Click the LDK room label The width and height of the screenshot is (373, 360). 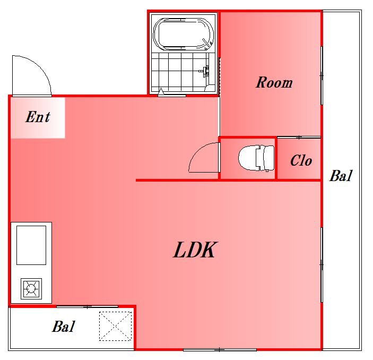[x=194, y=250]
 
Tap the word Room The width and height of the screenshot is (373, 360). [x=274, y=83]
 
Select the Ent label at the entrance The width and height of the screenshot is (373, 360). [x=38, y=117]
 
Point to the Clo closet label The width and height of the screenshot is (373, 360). [x=300, y=160]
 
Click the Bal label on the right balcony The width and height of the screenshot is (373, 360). [x=340, y=176]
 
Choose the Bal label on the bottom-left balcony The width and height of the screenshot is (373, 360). [x=63, y=327]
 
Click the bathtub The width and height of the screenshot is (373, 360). [x=183, y=33]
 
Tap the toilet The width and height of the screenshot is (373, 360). [x=255, y=158]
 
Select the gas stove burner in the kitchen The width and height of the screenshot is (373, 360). [x=31, y=289]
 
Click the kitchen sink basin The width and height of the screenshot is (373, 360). [x=31, y=245]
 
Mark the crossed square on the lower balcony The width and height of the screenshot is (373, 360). [x=116, y=326]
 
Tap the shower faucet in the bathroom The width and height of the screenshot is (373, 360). [x=206, y=71]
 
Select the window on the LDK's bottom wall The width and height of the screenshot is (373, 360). [x=219, y=349]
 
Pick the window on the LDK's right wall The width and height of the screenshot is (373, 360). [x=322, y=264]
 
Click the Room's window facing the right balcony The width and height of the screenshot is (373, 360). [x=322, y=75]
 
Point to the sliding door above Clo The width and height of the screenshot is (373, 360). [x=299, y=138]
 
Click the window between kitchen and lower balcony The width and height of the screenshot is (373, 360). [x=87, y=306]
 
